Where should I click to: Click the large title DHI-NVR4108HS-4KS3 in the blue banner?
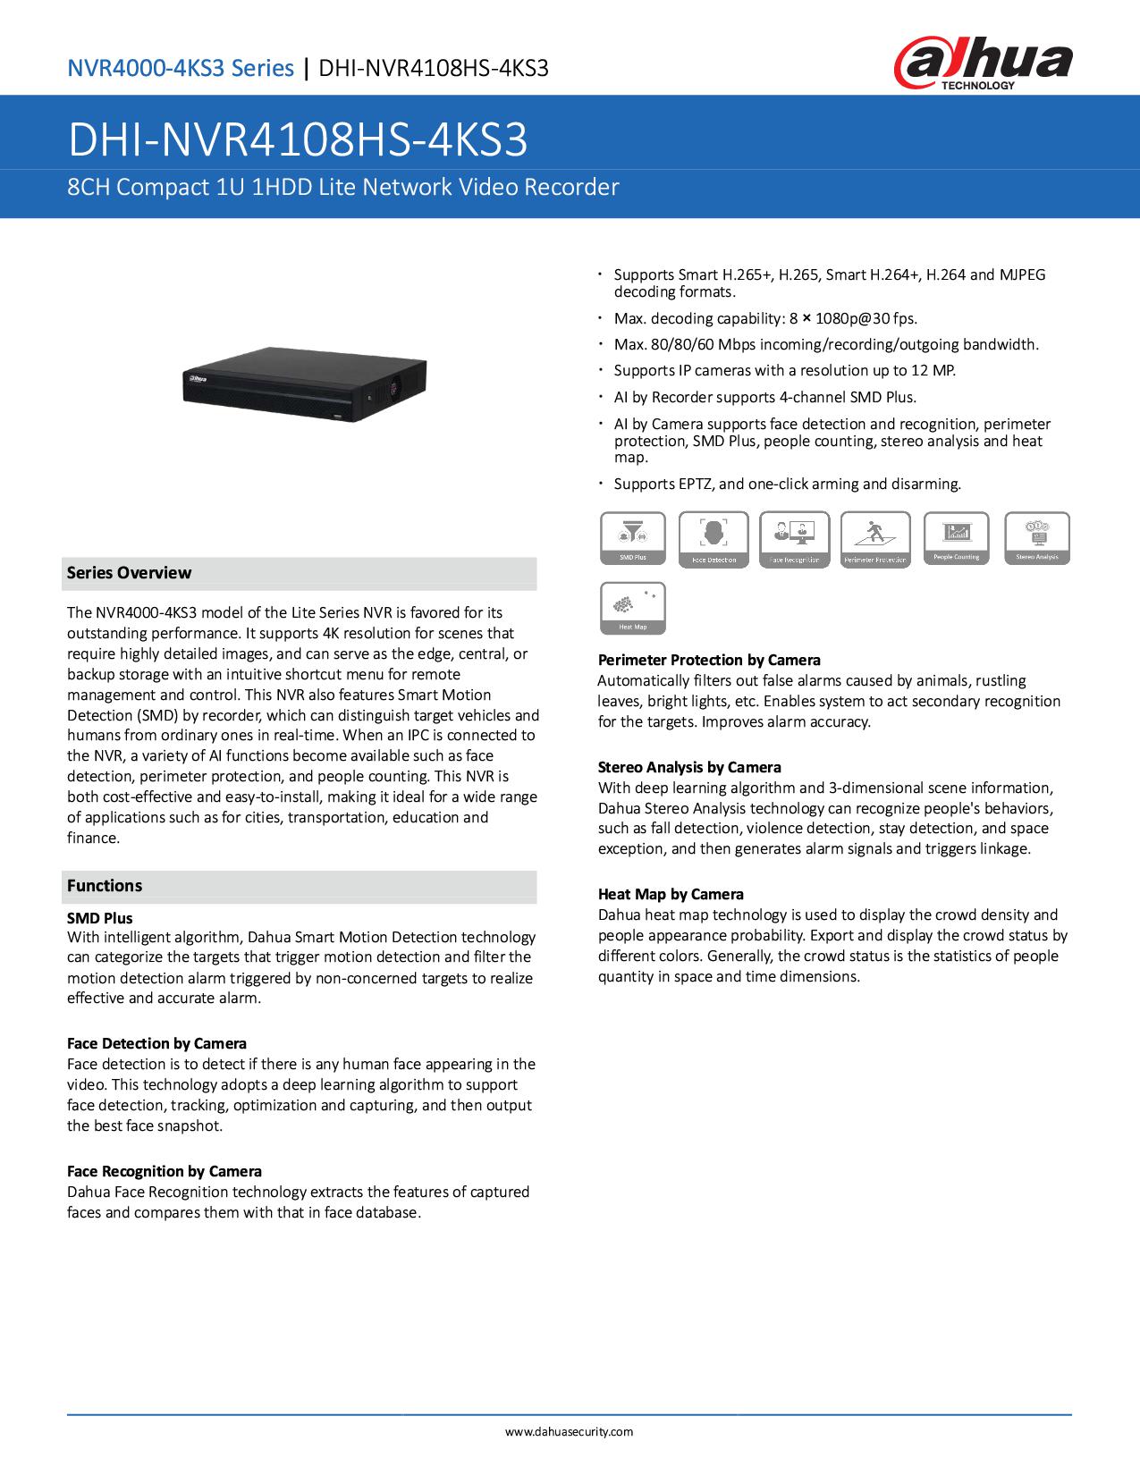pyautogui.click(x=299, y=140)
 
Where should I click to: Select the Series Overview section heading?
pyautogui.click(x=130, y=573)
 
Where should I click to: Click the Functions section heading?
pyautogui.click(x=105, y=886)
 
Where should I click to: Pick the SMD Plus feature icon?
pyautogui.click(x=633, y=538)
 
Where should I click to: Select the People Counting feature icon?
pyautogui.click(x=956, y=538)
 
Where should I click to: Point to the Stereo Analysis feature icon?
pyautogui.click(x=1037, y=538)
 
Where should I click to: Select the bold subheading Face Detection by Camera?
pyautogui.click(x=157, y=1043)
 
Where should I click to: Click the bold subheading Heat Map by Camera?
pyautogui.click(x=671, y=894)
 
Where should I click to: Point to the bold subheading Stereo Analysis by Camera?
pyautogui.click(x=689, y=767)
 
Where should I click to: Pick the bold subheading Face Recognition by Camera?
pyautogui.click(x=165, y=1171)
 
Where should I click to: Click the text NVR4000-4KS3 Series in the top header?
pyautogui.click(x=182, y=68)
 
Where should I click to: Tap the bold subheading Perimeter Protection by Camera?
pyautogui.click(x=709, y=660)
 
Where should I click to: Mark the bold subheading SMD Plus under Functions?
pyautogui.click(x=100, y=918)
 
